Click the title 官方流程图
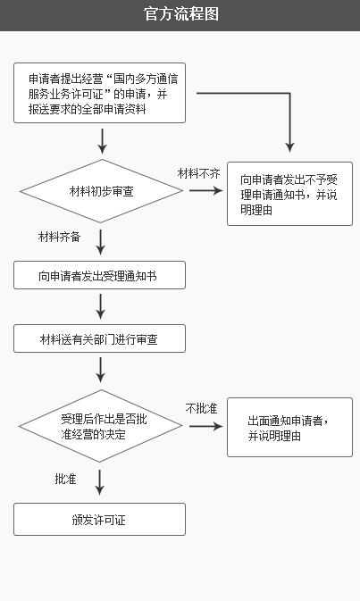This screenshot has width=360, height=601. (181, 14)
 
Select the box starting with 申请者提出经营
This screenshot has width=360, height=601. (100, 93)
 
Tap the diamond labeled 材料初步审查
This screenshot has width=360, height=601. (101, 191)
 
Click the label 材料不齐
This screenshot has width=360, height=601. (198, 173)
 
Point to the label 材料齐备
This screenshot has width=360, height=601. (60, 237)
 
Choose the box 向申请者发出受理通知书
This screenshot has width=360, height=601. (100, 275)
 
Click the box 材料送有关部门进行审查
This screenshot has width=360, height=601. (100, 338)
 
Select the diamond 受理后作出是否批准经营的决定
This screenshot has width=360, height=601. (100, 426)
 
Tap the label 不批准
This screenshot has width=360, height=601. (201, 408)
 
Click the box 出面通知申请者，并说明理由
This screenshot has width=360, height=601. (289, 428)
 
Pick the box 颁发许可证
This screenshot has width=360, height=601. (100, 520)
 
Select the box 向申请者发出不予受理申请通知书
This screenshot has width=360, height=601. (289, 194)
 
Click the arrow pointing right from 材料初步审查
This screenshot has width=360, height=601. (205, 190)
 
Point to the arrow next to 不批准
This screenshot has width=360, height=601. (205, 426)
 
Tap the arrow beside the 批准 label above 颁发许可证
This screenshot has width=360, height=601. (100, 482)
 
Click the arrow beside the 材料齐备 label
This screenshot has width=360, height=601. (100, 242)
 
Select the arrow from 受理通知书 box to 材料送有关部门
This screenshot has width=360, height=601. (100, 306)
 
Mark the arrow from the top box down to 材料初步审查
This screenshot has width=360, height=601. (102, 141)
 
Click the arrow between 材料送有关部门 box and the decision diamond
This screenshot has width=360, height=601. (100, 370)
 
